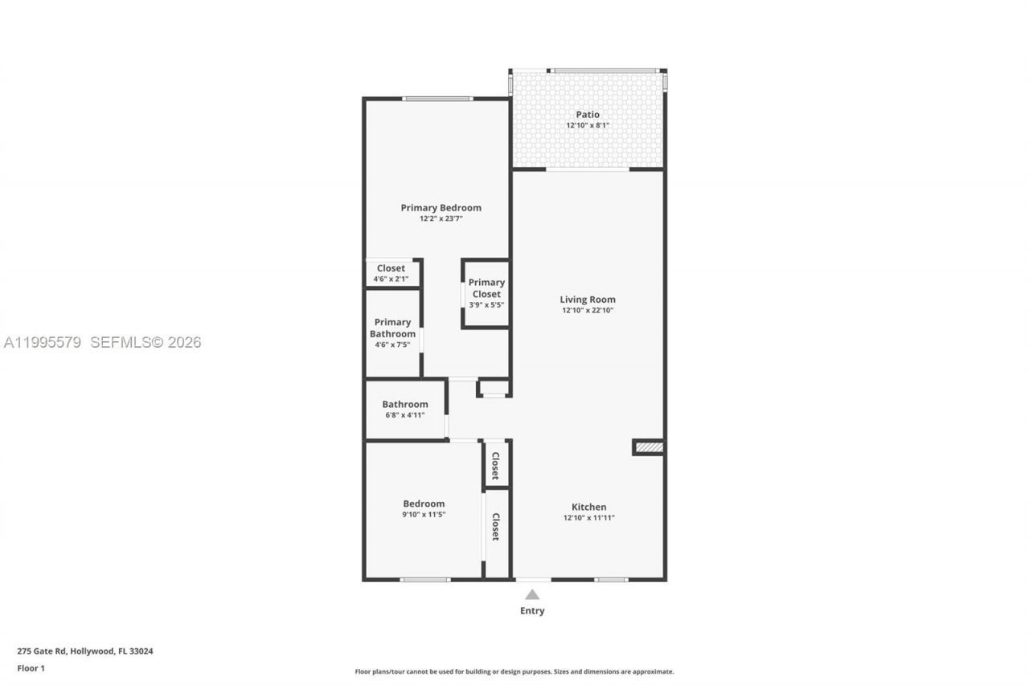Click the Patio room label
pyautogui.click(x=588, y=115)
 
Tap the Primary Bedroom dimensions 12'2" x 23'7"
pyautogui.click(x=441, y=218)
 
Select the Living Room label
pyautogui.click(x=588, y=300)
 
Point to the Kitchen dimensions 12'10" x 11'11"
pyautogui.click(x=588, y=518)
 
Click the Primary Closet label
pyautogui.click(x=486, y=287)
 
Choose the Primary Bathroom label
pyautogui.click(x=392, y=328)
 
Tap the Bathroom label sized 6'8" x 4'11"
pyautogui.click(x=404, y=405)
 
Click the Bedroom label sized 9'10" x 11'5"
pyautogui.click(x=424, y=504)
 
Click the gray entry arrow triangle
pyautogui.click(x=531, y=594)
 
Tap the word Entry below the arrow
pyautogui.click(x=531, y=611)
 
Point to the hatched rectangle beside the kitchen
pyautogui.click(x=649, y=447)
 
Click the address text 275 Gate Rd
pyautogui.click(x=85, y=651)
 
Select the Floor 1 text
pyautogui.click(x=31, y=668)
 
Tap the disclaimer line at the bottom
pyautogui.click(x=514, y=671)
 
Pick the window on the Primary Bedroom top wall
pyautogui.click(x=437, y=99)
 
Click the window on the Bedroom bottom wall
pyautogui.click(x=424, y=579)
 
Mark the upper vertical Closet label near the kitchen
pyautogui.click(x=496, y=465)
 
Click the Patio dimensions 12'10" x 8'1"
pyautogui.click(x=588, y=125)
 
